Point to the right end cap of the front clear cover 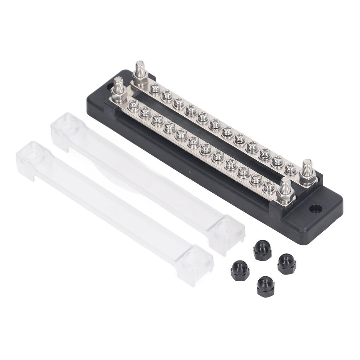coord(194,264)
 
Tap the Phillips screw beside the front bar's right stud coord(269,186)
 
